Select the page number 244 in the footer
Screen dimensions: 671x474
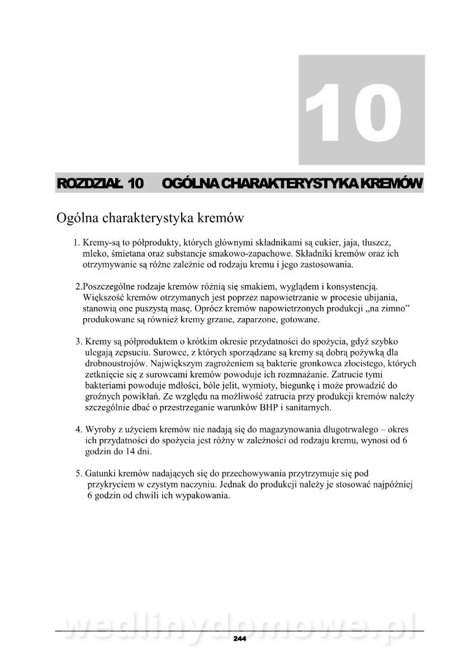click(239, 638)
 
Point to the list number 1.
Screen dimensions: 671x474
click(77, 243)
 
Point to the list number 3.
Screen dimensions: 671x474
click(78, 341)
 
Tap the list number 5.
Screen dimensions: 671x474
click(78, 473)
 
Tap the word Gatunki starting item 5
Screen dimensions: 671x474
click(99, 473)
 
